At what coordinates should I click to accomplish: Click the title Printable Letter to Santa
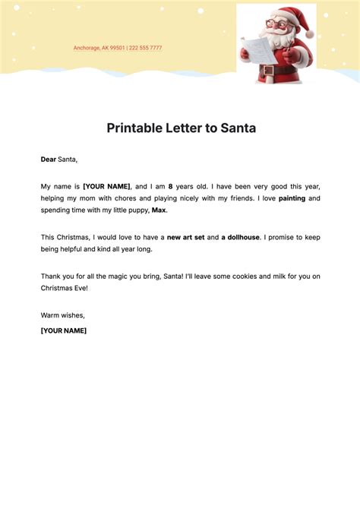180,128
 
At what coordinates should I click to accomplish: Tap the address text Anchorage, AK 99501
99,48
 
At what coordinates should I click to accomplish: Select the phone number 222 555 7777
145,48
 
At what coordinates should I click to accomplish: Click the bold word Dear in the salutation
48,160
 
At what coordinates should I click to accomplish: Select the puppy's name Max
159,210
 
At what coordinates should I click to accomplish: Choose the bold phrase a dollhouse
241,238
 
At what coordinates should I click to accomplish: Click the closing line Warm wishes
63,315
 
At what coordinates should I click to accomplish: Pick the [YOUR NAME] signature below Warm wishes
64,330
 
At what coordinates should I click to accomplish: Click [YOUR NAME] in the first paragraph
106,186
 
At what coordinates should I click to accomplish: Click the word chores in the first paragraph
123,198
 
